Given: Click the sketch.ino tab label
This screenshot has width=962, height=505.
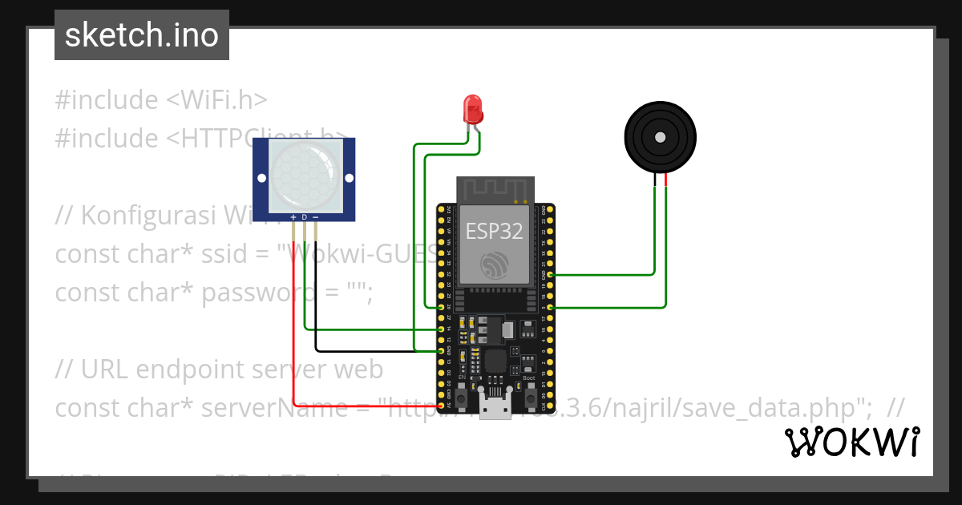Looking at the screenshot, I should coord(142,35).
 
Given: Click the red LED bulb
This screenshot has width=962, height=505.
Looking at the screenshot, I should coord(472,107).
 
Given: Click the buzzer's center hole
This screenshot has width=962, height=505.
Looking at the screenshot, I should coord(660,137).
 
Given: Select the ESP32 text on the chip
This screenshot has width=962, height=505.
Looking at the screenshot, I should coord(495,232).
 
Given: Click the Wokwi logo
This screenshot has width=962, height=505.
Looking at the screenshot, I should coord(851,442).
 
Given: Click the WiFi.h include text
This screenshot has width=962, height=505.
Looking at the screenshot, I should coord(216,100).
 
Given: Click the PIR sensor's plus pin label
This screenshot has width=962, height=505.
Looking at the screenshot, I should coord(293,218).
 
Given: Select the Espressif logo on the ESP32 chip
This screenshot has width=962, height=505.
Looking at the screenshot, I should coord(495,265).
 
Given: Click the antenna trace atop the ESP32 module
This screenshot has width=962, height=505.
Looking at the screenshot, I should coord(495,190).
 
